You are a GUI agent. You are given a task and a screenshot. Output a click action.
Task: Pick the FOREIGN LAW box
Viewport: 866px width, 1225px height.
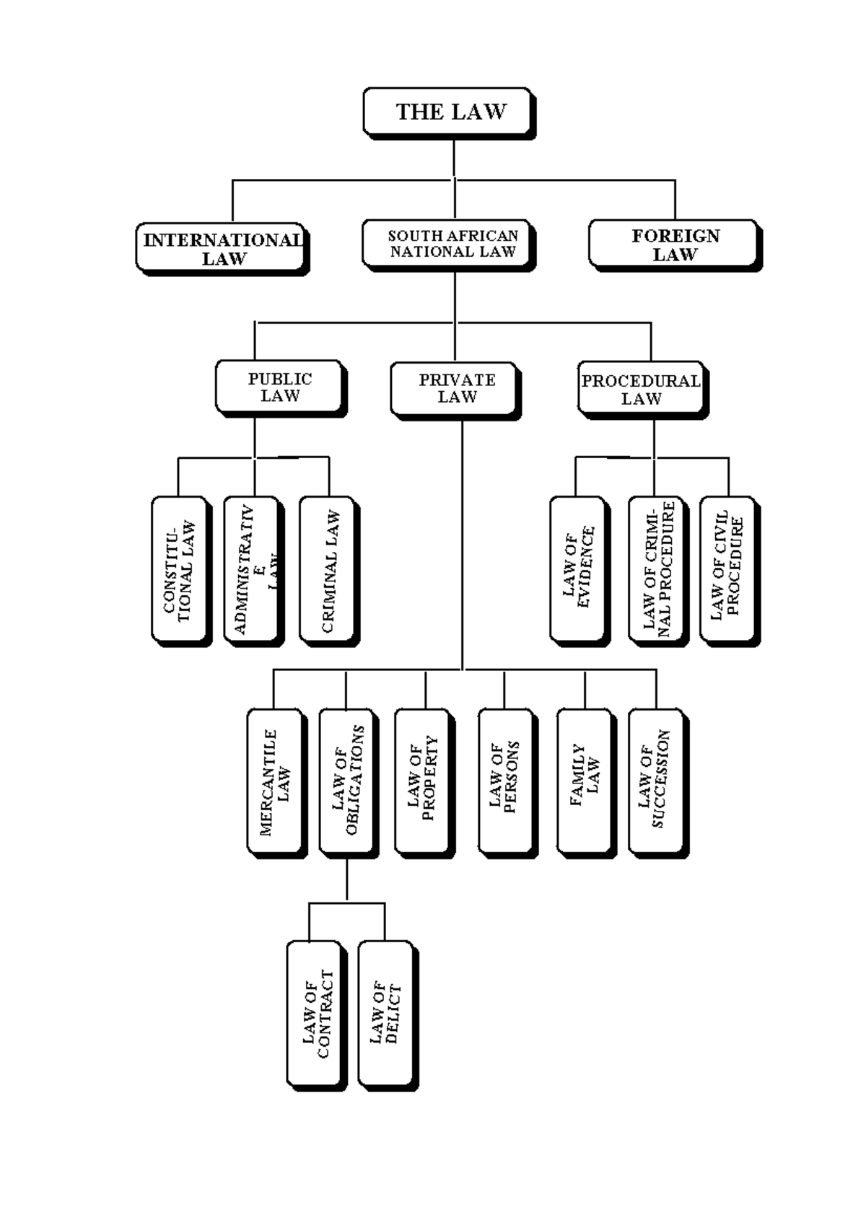tap(673, 245)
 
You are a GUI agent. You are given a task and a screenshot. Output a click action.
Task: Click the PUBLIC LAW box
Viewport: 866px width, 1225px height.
tap(279, 387)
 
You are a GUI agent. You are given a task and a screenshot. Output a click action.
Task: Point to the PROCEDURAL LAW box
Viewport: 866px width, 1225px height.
tap(641, 389)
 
